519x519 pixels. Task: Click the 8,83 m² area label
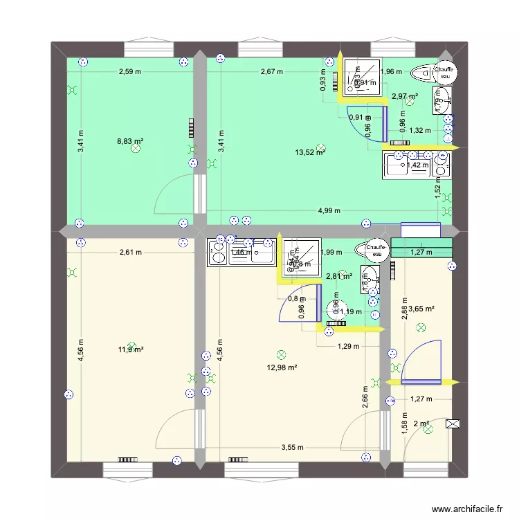130,140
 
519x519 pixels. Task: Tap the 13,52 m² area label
310,153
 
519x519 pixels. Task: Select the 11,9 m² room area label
130,350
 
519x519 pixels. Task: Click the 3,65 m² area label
421,309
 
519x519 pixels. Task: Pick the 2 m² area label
421,424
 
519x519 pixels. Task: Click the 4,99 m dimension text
329,211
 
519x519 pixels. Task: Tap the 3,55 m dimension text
291,448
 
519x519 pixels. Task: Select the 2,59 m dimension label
129,71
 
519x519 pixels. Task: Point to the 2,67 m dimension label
271,71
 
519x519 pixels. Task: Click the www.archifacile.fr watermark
468,509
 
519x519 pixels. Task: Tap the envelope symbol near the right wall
455,424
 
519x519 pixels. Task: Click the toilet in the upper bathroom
422,72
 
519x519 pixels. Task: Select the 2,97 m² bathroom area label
404,97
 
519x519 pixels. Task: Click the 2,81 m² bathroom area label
339,276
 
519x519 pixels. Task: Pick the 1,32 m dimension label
419,130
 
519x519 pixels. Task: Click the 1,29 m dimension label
348,347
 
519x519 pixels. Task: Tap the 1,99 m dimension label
332,253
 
